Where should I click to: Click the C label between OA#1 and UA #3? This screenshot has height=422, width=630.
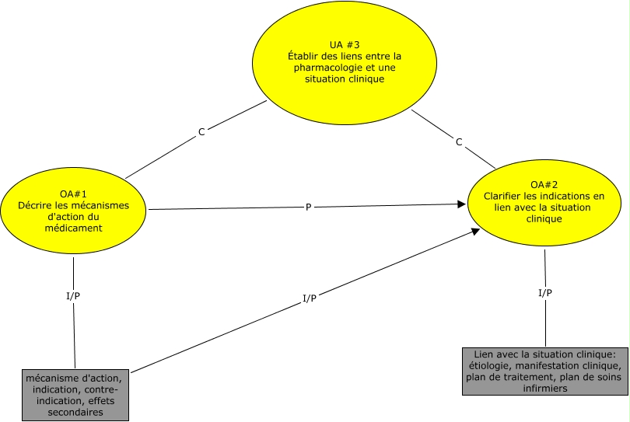[201, 132]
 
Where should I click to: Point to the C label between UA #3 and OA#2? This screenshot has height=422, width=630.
[459, 141]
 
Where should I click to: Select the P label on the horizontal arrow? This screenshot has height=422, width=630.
[308, 208]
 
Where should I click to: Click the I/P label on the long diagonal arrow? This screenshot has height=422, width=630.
[308, 298]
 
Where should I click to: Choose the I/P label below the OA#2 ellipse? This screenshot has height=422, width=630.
[545, 293]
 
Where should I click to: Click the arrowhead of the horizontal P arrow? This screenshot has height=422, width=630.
[462, 204]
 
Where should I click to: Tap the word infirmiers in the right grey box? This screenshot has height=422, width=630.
[544, 389]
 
